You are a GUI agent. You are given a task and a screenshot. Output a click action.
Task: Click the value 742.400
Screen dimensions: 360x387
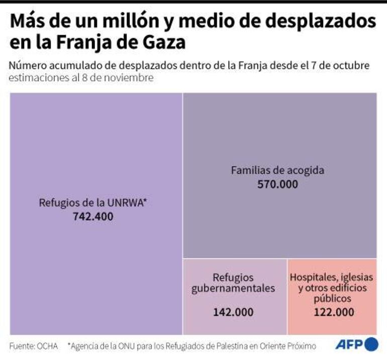click(92, 217)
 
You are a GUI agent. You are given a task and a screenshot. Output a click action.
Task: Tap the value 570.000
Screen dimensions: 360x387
click(277, 185)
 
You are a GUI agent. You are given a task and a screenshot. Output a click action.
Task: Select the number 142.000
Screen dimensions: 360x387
click(233, 312)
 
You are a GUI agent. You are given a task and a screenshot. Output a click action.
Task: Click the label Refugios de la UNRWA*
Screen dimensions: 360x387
click(92, 203)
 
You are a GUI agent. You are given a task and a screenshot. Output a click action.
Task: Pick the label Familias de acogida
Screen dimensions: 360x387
click(277, 170)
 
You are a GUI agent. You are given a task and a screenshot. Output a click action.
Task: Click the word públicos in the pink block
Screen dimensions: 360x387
click(332, 299)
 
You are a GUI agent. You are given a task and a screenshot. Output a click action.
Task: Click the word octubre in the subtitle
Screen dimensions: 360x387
click(352, 66)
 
